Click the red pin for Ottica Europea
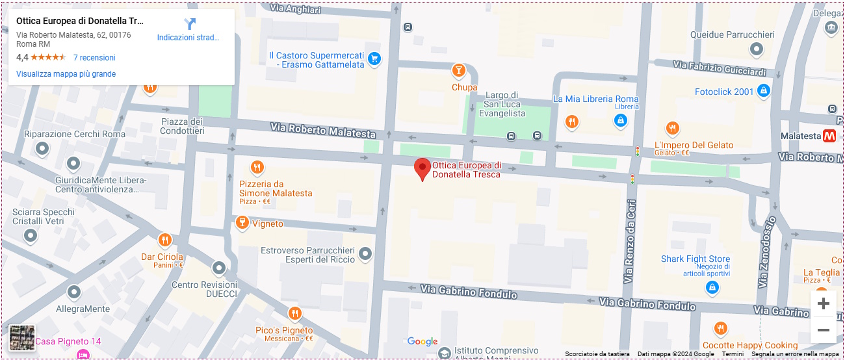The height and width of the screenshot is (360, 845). [x=422, y=168]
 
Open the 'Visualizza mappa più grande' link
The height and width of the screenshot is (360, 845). [x=66, y=74]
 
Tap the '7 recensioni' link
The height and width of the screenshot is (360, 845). [x=94, y=57]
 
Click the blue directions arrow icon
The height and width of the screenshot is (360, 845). [x=189, y=25]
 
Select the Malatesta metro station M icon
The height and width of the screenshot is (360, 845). [x=829, y=136]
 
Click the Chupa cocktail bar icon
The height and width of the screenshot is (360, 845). [x=459, y=70]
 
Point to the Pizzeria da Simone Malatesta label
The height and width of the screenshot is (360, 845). [x=276, y=188]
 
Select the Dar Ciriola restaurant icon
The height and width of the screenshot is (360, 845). [x=164, y=240]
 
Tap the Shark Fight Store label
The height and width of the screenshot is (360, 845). [x=695, y=259]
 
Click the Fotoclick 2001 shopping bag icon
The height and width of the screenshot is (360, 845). [x=764, y=91]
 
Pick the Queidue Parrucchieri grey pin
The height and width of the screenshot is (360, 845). [x=756, y=49]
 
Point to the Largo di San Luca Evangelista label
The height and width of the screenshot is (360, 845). [x=502, y=104]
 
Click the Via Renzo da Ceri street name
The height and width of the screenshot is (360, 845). [x=629, y=240]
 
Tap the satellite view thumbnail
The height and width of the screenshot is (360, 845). [x=22, y=338]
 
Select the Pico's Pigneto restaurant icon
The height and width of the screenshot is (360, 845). [x=294, y=315]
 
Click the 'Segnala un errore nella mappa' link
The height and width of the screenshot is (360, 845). [x=795, y=354]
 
